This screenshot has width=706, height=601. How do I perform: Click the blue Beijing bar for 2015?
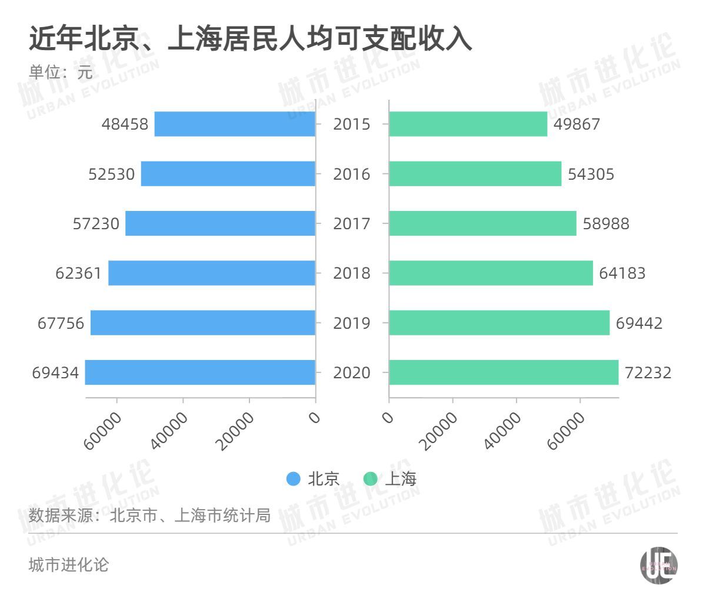coord(235,124)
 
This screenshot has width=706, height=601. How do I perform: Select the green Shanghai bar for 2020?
coord(504,372)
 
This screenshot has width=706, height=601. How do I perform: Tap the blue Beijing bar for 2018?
coord(212,273)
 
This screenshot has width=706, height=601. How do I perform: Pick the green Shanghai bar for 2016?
coord(475,174)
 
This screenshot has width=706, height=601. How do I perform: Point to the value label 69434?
coord(55,373)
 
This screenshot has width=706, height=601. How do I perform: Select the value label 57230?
coord(96,224)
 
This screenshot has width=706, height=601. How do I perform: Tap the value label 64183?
coord(622,273)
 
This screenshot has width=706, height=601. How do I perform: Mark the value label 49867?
coord(577,124)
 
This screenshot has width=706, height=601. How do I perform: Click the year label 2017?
coord(352,224)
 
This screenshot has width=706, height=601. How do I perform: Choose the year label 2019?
coord(352,323)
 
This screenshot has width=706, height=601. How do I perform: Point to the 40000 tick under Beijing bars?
coord(169,431)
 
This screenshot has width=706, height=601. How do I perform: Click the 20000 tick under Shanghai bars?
coord(440,431)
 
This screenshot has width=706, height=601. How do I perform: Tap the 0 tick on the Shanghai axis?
coord(388,418)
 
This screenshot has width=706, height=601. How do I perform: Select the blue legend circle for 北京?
coord(293,479)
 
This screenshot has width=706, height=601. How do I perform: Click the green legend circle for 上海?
coord(371,479)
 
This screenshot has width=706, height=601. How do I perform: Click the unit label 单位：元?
coord(61,72)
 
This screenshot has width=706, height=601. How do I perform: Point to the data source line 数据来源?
coord(149,516)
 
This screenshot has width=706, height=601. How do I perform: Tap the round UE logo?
coord(658,566)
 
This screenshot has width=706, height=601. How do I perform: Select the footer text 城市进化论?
coord(69,565)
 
